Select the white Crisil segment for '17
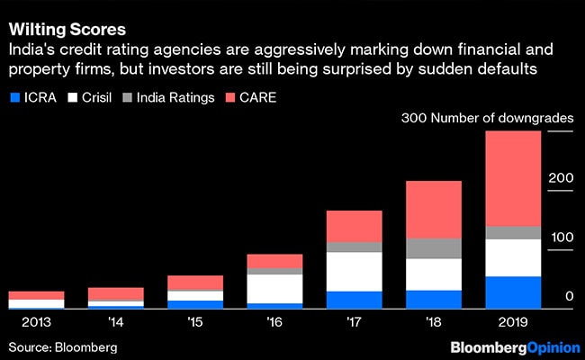pos(354,272)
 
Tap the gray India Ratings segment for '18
pos(433,248)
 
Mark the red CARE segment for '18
pos(433,210)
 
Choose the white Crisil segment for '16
pos(274,289)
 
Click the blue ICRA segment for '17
pos(354,300)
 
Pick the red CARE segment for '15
pos(195,283)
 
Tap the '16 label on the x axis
pos(274,320)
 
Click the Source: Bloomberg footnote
pos(63,346)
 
